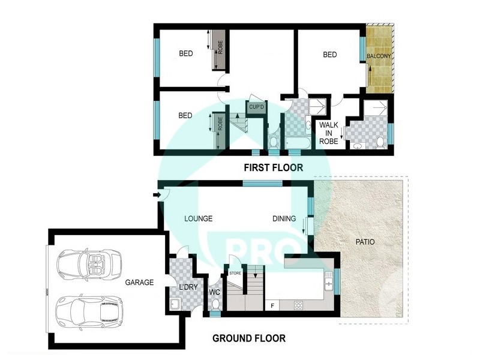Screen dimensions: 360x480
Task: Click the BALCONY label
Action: tap(379, 56)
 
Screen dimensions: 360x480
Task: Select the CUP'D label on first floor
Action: tap(257, 108)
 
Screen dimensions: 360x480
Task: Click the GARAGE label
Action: tap(139, 282)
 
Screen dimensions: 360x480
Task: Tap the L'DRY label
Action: tap(188, 288)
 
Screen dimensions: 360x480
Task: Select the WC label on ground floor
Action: tap(215, 293)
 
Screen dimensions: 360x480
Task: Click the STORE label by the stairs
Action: tap(235, 274)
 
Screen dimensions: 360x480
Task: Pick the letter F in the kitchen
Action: tap(273, 306)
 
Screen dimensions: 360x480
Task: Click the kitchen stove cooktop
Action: tap(298, 305)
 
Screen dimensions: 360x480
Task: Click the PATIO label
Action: tap(364, 243)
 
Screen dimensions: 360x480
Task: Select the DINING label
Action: tap(284, 219)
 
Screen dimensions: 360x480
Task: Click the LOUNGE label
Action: tap(199, 219)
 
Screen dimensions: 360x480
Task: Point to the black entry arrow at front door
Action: tap(157, 194)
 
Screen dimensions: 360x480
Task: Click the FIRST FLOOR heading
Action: tap(273, 167)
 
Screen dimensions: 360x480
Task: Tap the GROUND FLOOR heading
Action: tap(249, 338)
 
